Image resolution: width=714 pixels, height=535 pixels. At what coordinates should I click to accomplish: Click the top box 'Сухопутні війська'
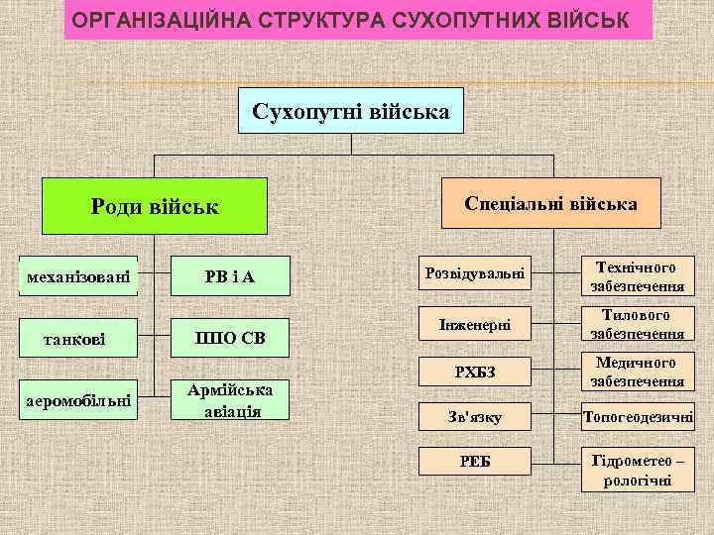coord(351,111)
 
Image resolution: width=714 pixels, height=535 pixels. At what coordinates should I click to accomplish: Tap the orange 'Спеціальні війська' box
coord(550,203)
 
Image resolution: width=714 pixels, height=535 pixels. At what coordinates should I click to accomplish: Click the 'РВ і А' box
coord(230,275)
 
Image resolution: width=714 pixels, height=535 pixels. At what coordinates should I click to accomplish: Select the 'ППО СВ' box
coord(230,340)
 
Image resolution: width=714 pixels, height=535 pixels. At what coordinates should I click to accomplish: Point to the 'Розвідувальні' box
coord(474,272)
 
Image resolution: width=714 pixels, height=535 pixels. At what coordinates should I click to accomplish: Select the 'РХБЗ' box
coord(474,372)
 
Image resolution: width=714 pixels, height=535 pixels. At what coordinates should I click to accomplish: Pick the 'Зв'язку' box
coord(474,418)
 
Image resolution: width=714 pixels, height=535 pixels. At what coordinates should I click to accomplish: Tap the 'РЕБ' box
coord(474,462)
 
